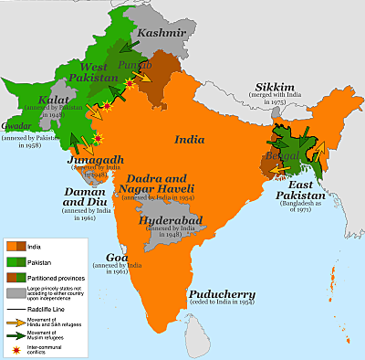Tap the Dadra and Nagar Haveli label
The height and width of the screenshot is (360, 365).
172,184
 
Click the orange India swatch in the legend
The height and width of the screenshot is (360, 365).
16,247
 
